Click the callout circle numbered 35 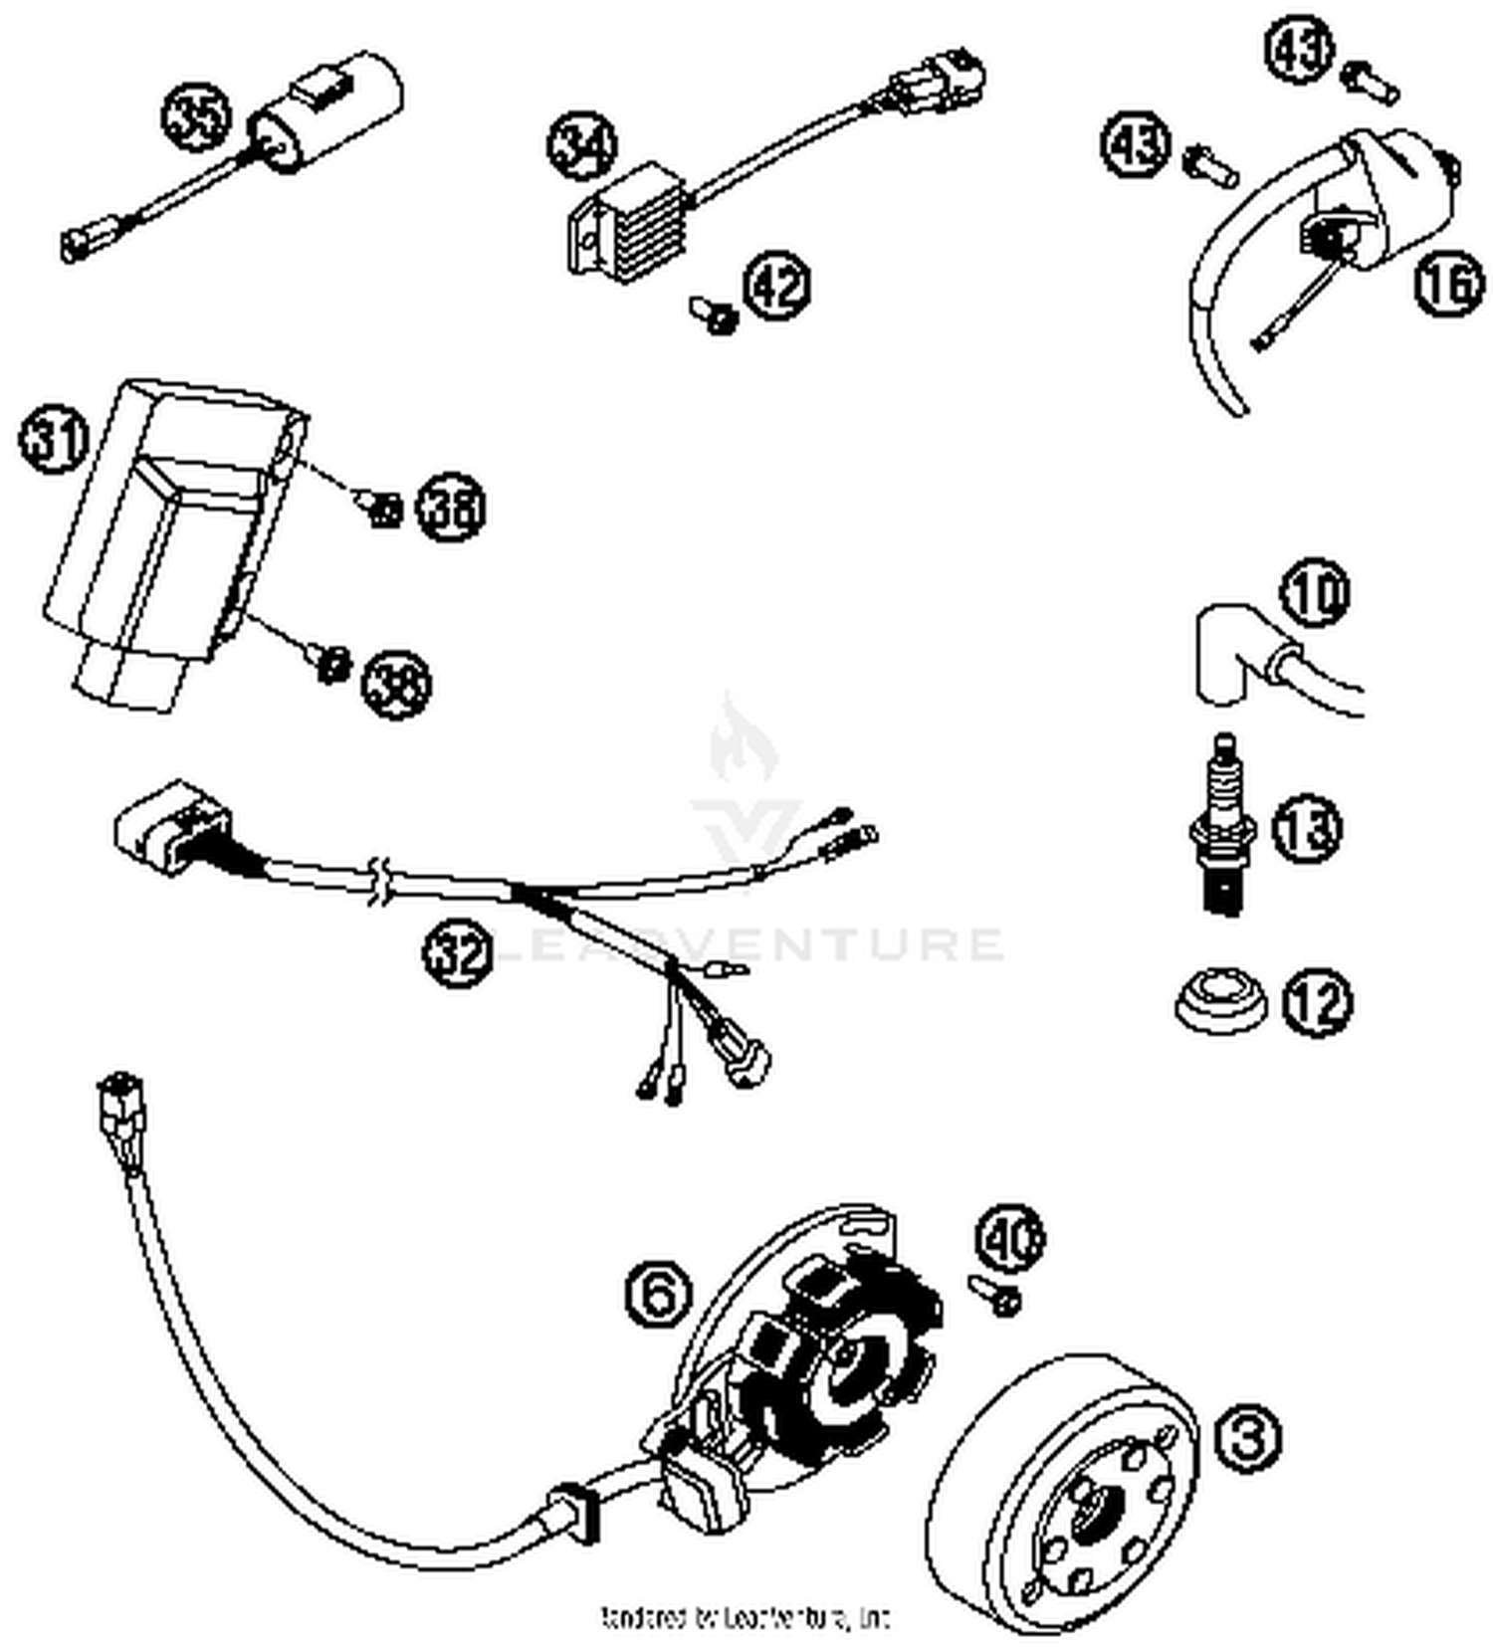(x=196, y=117)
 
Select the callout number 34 (x=582, y=147)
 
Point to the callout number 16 (x=1448, y=283)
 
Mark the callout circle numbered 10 (x=1315, y=593)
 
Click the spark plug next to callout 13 (x=1223, y=825)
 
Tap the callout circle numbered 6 (x=658, y=1293)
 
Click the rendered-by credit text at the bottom (x=745, y=1617)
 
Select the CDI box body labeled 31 (x=164, y=537)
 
